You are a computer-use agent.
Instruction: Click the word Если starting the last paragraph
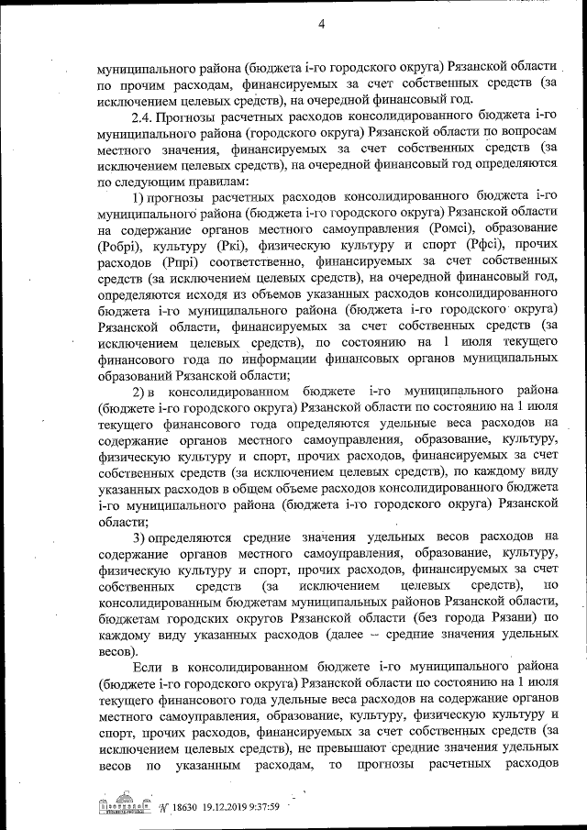click(x=150, y=668)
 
